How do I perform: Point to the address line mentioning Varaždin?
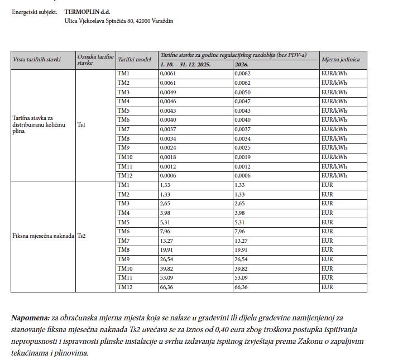(x=119, y=21)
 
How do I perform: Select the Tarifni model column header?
(x=134, y=59)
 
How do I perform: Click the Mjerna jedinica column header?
(x=341, y=59)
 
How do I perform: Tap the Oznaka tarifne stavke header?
(x=92, y=59)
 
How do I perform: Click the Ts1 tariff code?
(x=82, y=124)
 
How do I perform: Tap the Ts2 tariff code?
(x=82, y=236)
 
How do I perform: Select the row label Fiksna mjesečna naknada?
(x=43, y=236)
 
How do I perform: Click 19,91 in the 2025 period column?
(x=166, y=250)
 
